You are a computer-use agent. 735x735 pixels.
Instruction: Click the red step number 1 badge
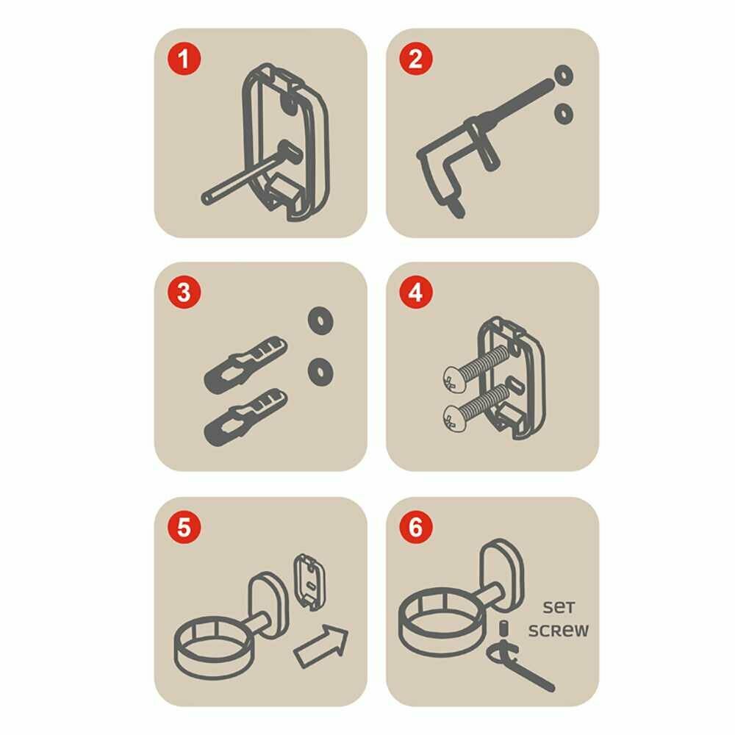[x=184, y=59]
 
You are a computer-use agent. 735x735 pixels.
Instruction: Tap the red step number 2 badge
[x=416, y=59]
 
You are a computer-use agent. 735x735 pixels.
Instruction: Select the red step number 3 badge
[x=184, y=292]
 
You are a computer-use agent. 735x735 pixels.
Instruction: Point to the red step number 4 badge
[x=416, y=292]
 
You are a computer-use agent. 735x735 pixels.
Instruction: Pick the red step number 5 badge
[x=184, y=526]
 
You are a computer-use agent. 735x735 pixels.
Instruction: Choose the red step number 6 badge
[x=416, y=526]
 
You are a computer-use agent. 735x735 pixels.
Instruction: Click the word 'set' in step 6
[x=559, y=607]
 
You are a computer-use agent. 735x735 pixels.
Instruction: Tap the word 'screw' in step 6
[x=559, y=630]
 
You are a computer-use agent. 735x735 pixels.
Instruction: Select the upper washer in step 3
[x=320, y=320]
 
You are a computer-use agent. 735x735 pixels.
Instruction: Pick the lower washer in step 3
[x=320, y=372]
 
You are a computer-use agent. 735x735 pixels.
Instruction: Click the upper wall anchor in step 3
[x=245, y=365]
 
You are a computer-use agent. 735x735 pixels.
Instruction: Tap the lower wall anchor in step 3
[x=245, y=417]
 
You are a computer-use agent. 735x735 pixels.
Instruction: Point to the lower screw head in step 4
[x=453, y=418]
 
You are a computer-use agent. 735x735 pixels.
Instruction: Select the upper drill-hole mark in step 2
[x=564, y=75]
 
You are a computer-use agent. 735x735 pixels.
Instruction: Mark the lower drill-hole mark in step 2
[x=564, y=113]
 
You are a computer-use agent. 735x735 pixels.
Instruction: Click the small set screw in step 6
[x=504, y=628]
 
